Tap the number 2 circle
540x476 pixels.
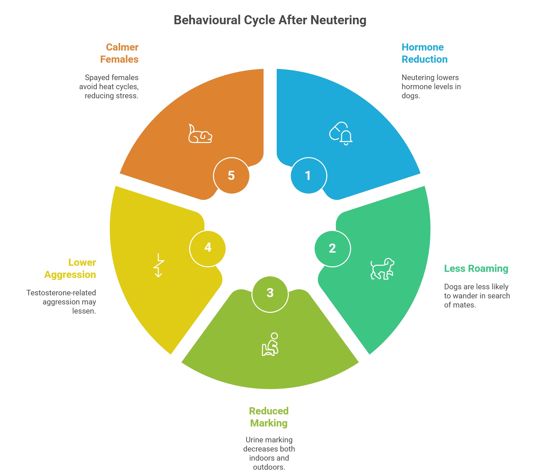332,249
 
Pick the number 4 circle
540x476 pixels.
208,248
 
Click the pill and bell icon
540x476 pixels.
341,133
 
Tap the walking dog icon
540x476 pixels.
382,269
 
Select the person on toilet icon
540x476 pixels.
270,344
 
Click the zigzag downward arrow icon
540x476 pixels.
159,265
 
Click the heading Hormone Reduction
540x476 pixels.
424,53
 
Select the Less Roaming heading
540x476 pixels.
476,268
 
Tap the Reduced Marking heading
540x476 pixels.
269,417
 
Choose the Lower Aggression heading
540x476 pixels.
70,268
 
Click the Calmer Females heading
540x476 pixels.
119,53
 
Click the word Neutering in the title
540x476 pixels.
338,20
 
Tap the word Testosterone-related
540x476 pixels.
61,293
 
